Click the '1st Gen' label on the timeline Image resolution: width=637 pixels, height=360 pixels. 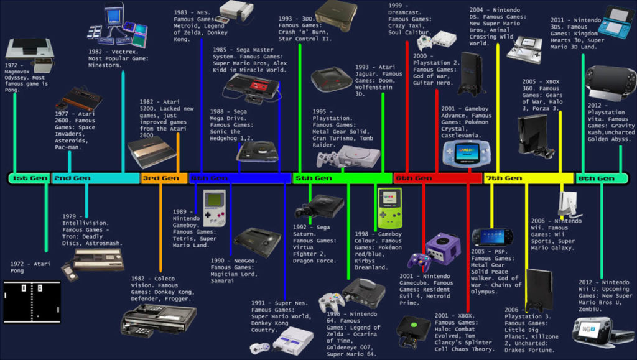30,178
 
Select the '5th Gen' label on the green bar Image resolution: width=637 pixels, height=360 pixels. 314,178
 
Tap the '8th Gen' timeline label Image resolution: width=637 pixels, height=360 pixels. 596,178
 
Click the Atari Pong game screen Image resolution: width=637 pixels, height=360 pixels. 32,301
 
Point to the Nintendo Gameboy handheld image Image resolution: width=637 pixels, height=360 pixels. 214,208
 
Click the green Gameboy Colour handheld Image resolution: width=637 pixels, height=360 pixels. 388,207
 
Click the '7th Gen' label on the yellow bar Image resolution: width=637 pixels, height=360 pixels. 503,178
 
